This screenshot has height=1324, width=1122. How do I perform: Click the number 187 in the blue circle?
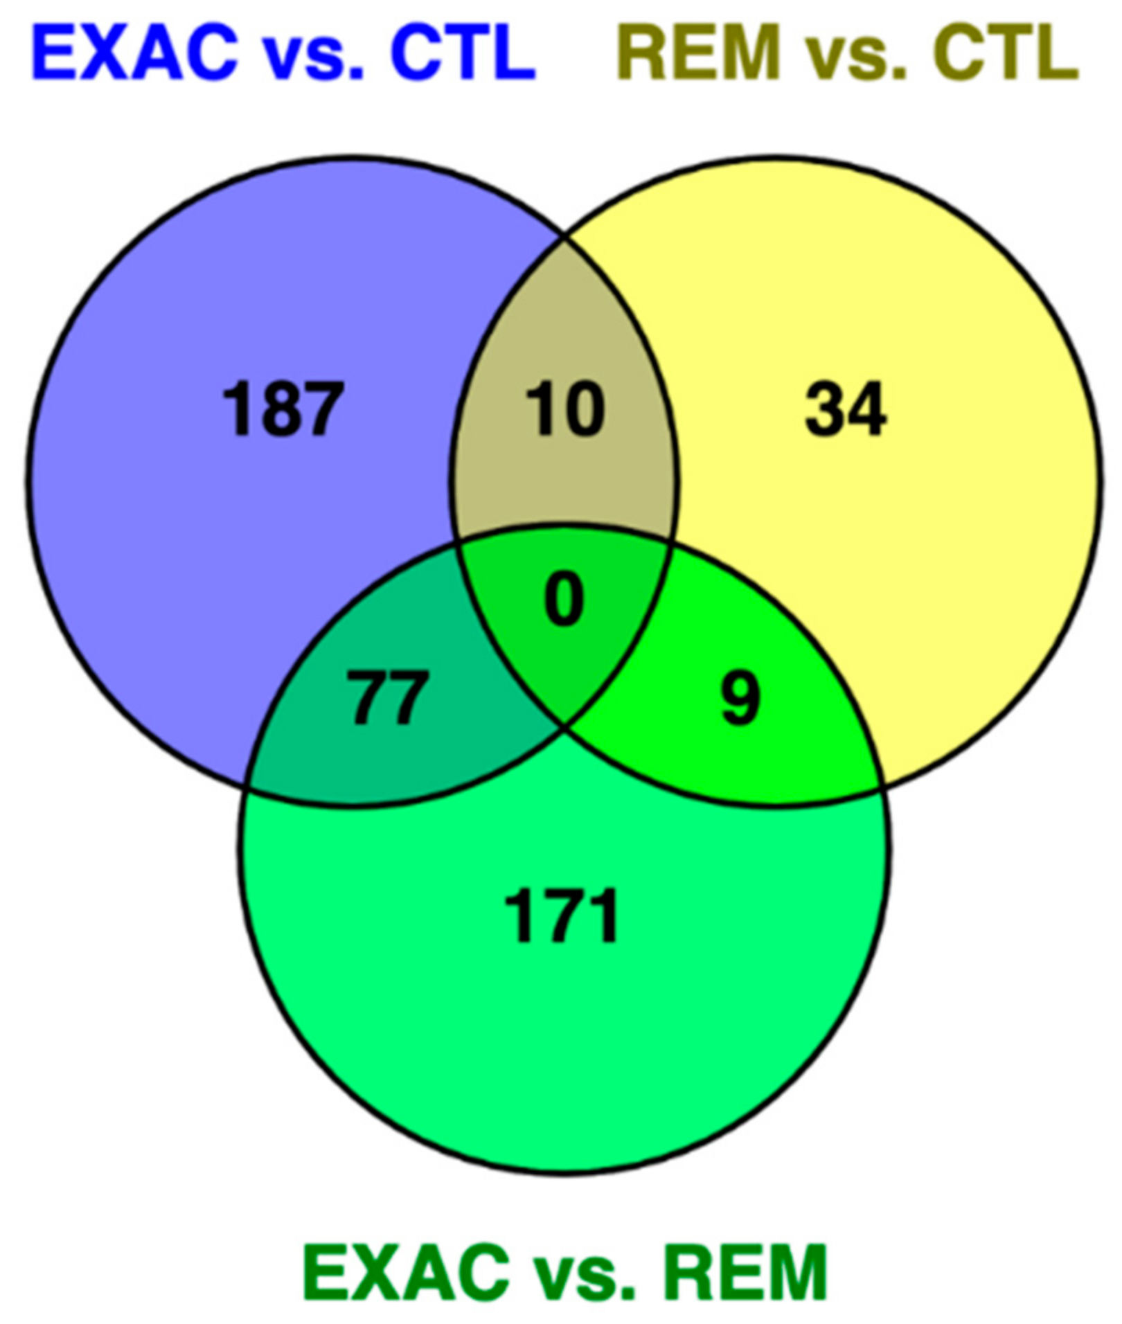tap(283, 409)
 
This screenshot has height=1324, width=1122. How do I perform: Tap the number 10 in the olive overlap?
tap(565, 409)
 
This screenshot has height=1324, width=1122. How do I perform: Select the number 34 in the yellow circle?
tap(845, 409)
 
